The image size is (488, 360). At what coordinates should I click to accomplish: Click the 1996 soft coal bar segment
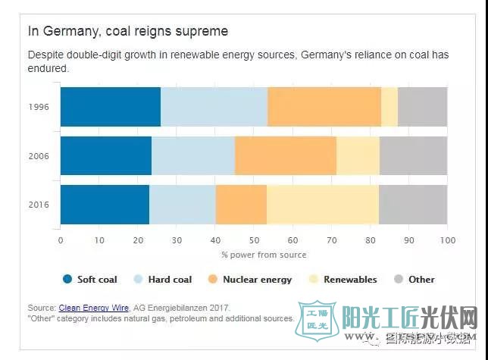pos(110,107)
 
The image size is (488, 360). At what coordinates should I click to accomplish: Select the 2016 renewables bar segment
pos(322,205)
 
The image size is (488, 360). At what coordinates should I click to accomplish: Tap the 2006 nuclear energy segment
pos(286,156)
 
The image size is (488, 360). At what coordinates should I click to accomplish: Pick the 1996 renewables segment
pos(389,107)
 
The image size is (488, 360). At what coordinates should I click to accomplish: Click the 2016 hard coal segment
pos(183,205)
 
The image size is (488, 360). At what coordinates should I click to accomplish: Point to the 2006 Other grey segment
pos(413,156)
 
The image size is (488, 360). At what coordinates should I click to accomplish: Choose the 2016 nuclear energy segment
pos(241,205)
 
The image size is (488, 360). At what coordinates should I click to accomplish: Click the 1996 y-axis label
pos(38,107)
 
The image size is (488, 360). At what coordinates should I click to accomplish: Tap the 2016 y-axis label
pos(38,205)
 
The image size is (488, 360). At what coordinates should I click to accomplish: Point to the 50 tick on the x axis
pos(254,240)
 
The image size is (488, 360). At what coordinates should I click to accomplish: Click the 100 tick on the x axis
pos(447,240)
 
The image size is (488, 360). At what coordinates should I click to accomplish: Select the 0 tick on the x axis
pos(61,240)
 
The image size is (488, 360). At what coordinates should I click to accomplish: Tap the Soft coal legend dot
pos(67,280)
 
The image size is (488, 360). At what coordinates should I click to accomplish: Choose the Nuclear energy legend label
pos(257,280)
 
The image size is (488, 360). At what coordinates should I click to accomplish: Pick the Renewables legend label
pos(350,280)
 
